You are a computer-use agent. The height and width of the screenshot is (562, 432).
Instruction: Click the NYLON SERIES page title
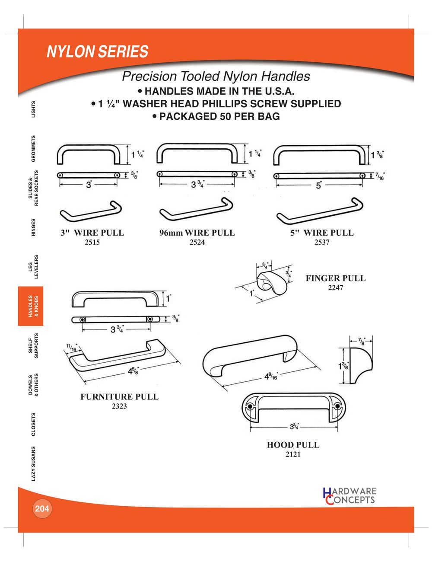[x=97, y=51]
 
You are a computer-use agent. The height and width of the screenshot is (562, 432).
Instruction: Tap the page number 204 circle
[x=42, y=508]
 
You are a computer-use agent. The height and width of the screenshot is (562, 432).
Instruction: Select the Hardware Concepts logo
[x=349, y=496]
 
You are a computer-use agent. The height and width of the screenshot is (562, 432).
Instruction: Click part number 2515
[x=92, y=242]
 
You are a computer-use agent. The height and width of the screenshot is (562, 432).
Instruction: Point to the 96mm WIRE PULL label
[x=197, y=233]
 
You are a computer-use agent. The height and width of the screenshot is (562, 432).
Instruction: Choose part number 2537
[x=322, y=242]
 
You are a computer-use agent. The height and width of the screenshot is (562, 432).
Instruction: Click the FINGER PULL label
[x=336, y=278]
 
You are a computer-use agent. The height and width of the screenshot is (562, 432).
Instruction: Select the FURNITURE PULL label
[x=119, y=396]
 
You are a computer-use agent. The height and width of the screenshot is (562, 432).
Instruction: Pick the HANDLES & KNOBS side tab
[x=31, y=306]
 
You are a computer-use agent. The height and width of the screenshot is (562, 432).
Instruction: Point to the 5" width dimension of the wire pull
[x=319, y=185]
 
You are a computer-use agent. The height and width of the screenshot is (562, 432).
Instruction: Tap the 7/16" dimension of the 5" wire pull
[x=380, y=176]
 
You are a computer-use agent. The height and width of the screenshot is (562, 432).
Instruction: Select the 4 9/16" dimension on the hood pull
[x=270, y=377]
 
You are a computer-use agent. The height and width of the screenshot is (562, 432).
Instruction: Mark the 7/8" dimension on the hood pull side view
[x=361, y=341]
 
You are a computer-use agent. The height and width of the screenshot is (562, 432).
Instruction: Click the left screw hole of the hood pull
[x=250, y=406]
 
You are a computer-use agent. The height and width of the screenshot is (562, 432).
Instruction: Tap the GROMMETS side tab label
[x=33, y=148]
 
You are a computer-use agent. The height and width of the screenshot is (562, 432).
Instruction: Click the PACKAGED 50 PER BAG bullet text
[x=216, y=116]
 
